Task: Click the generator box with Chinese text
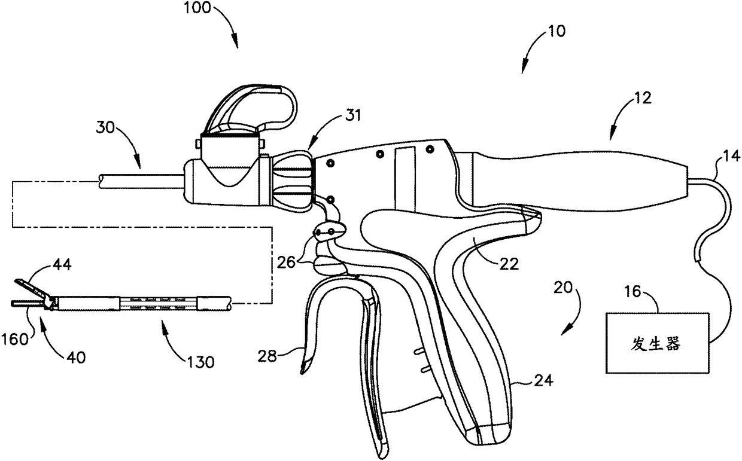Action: (655, 344)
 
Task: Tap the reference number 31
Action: (353, 117)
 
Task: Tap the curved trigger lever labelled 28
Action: (317, 335)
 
